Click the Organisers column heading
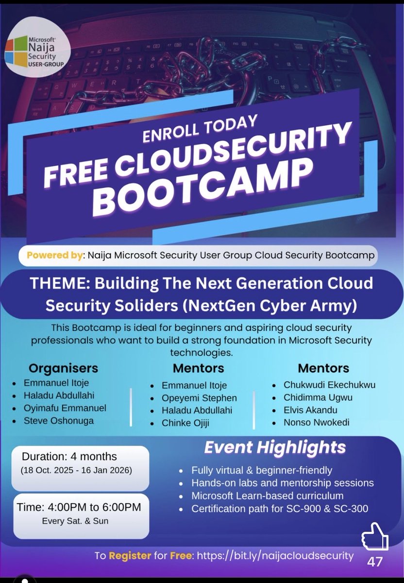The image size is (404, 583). pos(63,368)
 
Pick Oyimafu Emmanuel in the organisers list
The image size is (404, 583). pos(65,408)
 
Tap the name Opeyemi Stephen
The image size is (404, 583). pos(199,398)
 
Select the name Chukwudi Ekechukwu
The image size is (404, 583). pos(329,385)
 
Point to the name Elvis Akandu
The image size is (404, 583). pos(310,410)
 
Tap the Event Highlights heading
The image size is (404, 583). pos(275,447)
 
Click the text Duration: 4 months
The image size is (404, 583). pos(69,456)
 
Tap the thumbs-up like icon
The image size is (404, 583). pos(375,537)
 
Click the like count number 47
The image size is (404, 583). pos(375,562)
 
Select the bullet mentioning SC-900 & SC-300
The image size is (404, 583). pos(280,509)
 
